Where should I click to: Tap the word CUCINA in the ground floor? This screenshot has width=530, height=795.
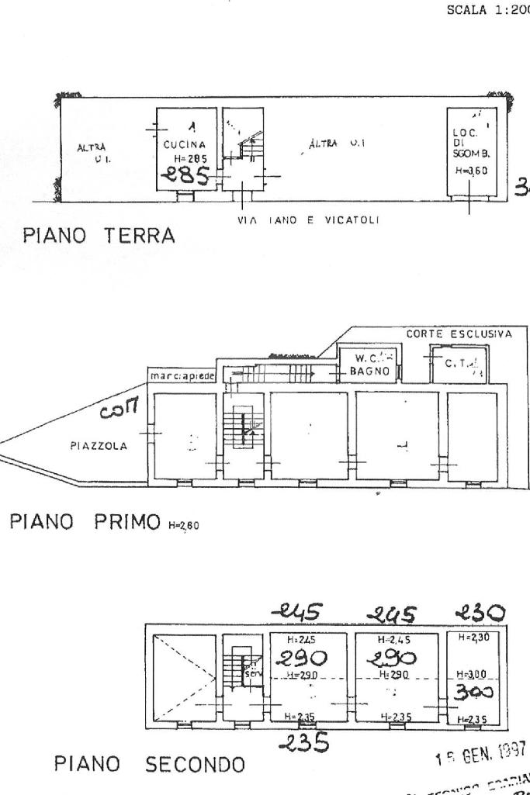(184, 144)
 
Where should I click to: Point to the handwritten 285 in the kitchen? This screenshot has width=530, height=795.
(187, 176)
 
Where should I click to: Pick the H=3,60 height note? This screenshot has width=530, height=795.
(470, 171)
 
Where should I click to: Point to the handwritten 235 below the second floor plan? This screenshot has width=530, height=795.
(302, 741)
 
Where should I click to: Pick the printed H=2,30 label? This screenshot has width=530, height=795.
(472, 638)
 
